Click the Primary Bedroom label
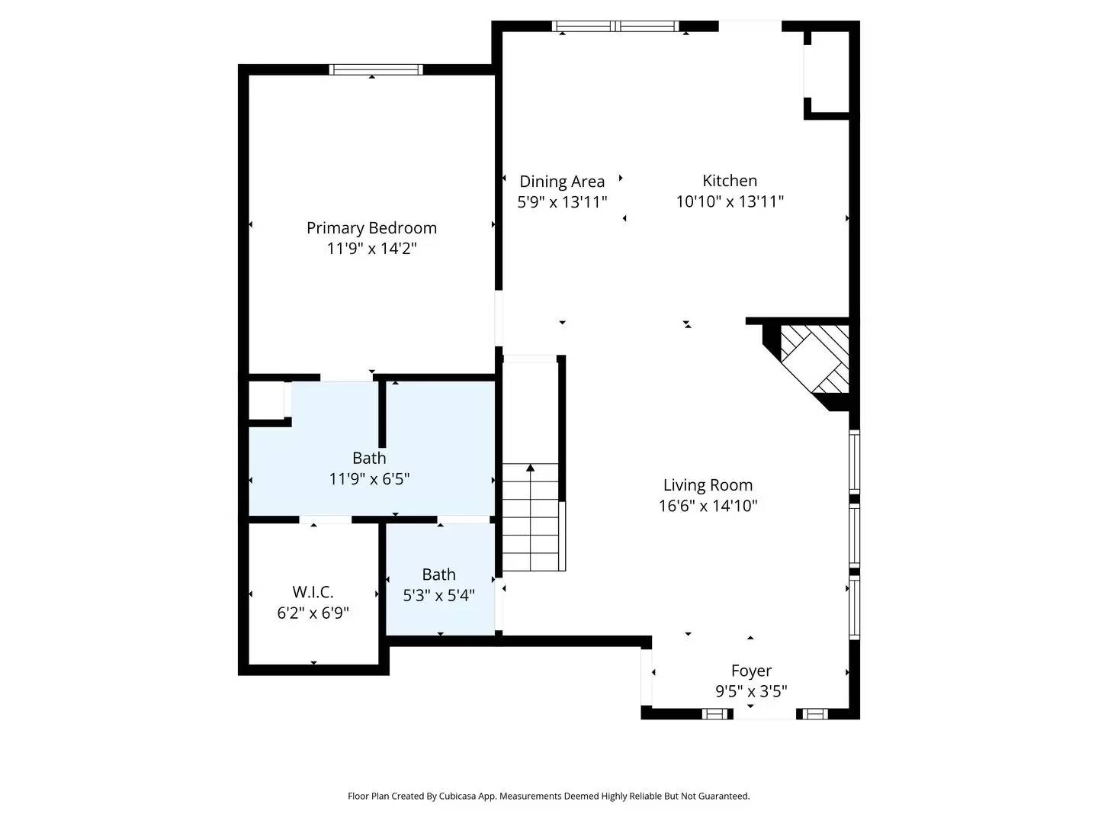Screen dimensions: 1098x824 click(371, 227)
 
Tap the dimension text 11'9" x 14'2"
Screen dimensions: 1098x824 click(371, 248)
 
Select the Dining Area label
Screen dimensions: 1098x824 click(562, 182)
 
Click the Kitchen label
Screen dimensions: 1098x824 click(730, 181)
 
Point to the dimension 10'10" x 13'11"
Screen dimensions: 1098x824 click(730, 201)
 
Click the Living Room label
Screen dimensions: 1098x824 click(708, 485)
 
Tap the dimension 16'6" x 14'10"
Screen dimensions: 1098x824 click(708, 505)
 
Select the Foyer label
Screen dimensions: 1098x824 click(751, 671)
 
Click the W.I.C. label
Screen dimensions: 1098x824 click(313, 592)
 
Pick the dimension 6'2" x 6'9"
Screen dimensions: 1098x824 click(313, 613)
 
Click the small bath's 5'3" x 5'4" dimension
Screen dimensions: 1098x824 click(438, 595)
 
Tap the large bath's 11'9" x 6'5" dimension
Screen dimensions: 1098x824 click(369, 479)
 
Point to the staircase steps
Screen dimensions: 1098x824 click(531, 526)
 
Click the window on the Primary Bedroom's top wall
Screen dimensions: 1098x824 click(376, 69)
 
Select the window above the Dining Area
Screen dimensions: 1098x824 click(615, 26)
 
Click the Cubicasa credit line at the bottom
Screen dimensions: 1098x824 click(548, 796)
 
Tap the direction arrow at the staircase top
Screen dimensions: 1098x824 click(531, 467)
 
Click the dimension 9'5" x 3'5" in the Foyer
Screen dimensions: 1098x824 click(751, 691)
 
